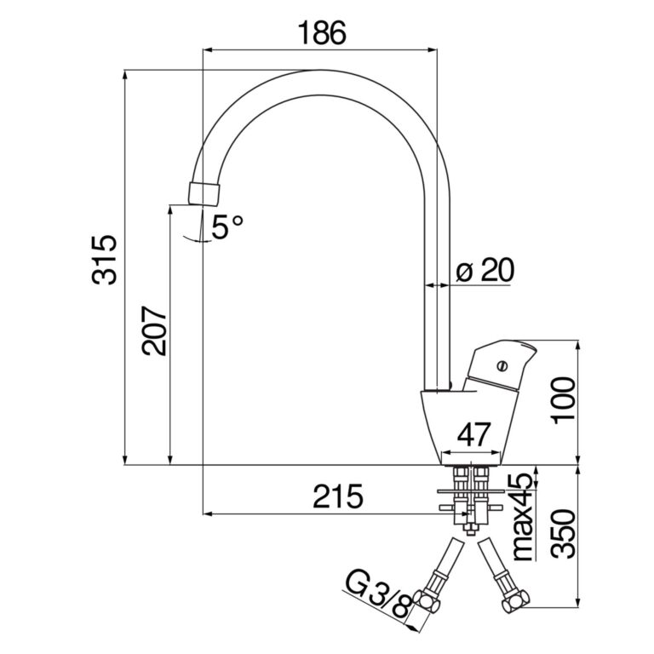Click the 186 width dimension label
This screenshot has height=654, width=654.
click(321, 34)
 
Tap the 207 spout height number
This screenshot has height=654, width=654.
click(154, 330)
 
